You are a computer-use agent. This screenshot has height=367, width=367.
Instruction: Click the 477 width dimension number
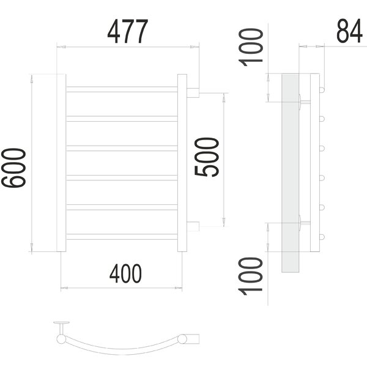tap(128, 31)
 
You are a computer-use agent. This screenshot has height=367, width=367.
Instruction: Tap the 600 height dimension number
tap(13, 168)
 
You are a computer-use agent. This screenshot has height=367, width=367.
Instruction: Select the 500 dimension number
tap(207, 157)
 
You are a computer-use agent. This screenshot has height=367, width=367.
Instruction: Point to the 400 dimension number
tap(125, 273)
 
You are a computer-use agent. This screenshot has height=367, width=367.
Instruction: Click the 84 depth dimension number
tap(349, 31)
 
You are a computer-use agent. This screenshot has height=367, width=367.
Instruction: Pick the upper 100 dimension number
tap(250, 47)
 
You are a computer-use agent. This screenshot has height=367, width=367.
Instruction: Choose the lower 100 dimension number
tap(250, 276)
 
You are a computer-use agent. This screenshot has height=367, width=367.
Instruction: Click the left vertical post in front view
tap(61, 163)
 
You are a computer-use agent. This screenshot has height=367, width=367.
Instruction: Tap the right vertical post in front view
tap(182, 163)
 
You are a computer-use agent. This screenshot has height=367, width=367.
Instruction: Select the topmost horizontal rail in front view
tap(122, 89)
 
